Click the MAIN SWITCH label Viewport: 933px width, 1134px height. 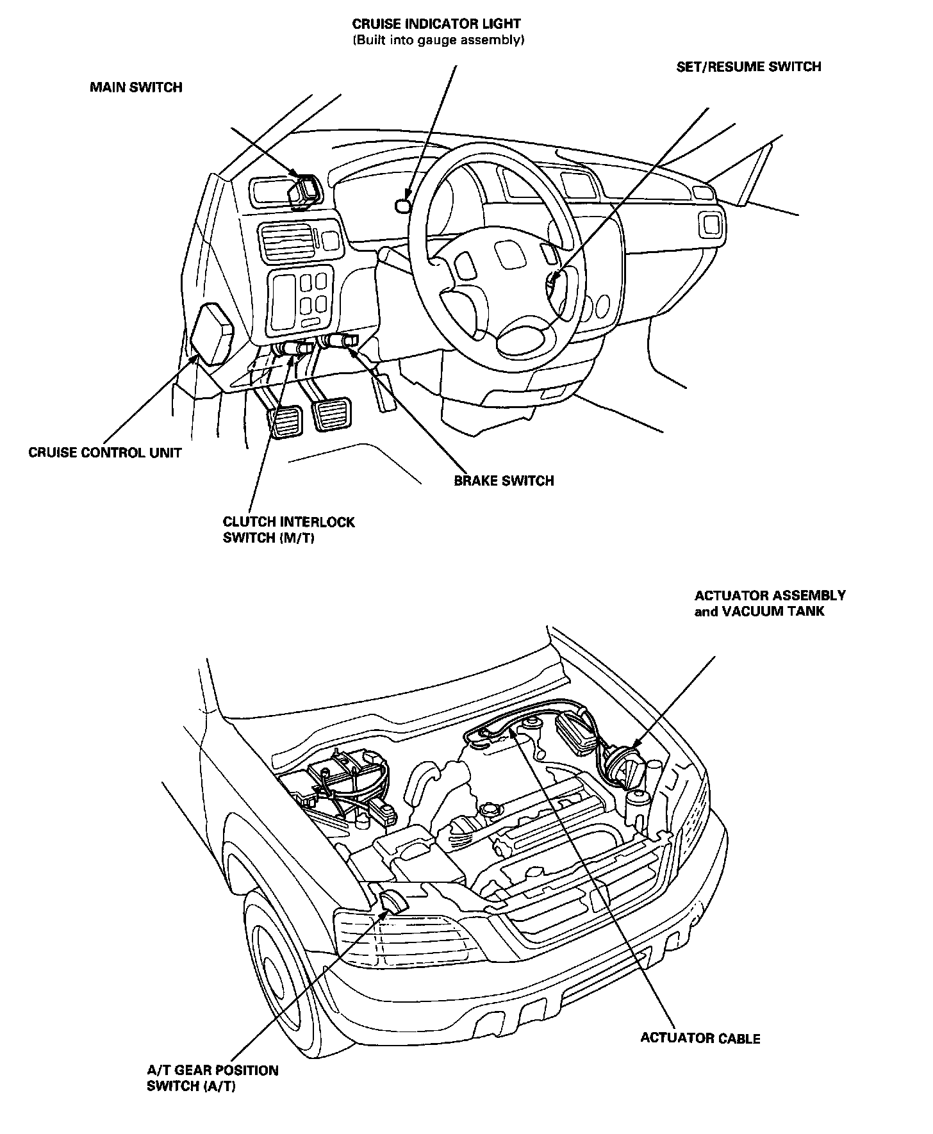136,87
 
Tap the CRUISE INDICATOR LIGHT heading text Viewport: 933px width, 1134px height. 436,24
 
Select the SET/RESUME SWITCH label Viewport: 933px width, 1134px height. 748,67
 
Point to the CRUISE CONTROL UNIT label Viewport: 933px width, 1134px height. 105,452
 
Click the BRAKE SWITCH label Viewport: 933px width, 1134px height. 504,480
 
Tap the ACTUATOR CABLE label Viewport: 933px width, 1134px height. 700,1038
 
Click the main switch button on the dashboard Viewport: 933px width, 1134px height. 303,190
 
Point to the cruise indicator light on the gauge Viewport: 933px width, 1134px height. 403,205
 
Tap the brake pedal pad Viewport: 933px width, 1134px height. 331,415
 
